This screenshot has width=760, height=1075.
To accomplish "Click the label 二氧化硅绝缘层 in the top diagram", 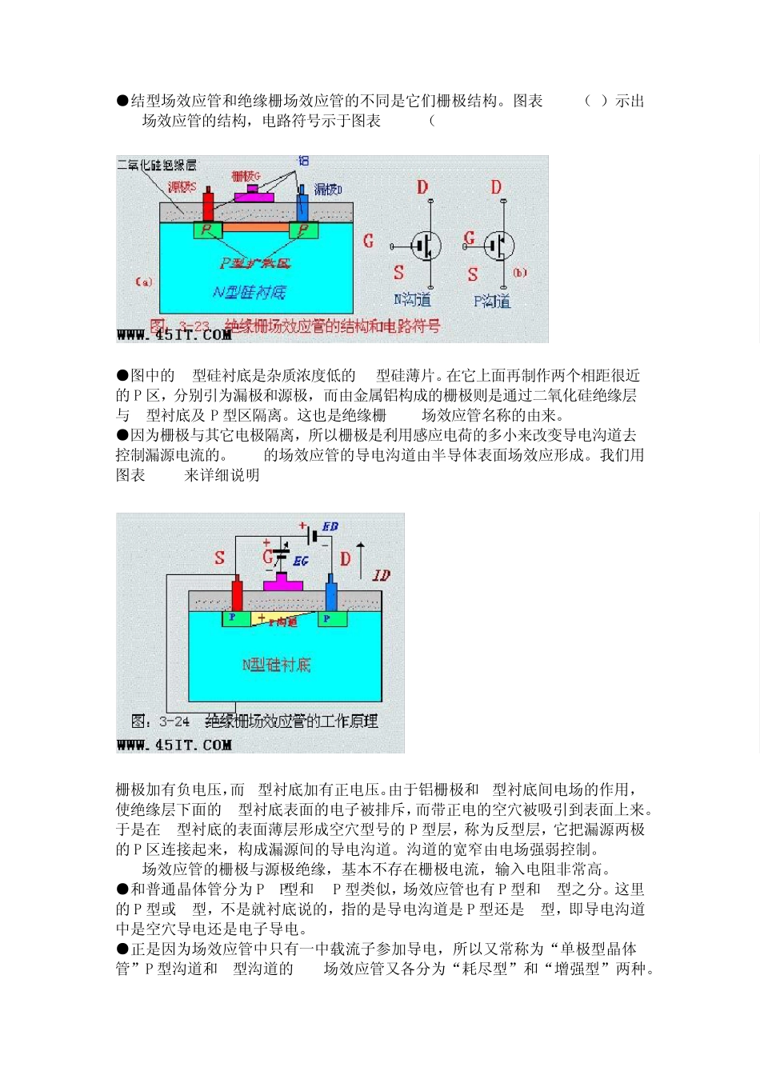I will (x=157, y=165).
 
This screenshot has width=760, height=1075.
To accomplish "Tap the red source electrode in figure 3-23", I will (x=208, y=205).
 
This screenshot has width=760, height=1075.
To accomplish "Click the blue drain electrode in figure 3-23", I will (x=302, y=205).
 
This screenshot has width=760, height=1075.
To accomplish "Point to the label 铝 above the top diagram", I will (x=303, y=161).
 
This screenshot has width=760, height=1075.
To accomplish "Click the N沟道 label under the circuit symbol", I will (x=412, y=299).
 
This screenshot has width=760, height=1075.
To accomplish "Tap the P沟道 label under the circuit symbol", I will (x=491, y=301).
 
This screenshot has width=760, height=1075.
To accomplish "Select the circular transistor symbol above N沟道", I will (x=426, y=246).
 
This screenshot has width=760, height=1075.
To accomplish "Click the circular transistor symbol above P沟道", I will (x=499, y=245).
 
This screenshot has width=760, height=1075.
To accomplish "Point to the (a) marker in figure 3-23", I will (x=144, y=282).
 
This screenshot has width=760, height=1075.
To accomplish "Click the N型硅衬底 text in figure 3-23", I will (x=249, y=293).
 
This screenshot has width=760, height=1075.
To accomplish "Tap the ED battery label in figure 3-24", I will (x=330, y=526).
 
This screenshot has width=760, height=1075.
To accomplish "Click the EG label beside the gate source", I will (x=300, y=561).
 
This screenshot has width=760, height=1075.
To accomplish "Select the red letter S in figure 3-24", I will (x=219, y=557).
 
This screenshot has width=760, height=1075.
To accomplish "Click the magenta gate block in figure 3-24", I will (x=282, y=583).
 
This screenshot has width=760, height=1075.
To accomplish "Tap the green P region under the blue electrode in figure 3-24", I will (x=331, y=618).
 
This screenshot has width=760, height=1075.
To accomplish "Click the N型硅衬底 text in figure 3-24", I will (x=276, y=665).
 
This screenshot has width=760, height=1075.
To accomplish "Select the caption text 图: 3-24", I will (x=160, y=721).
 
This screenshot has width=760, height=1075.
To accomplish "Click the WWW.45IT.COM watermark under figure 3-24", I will (x=174, y=745).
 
